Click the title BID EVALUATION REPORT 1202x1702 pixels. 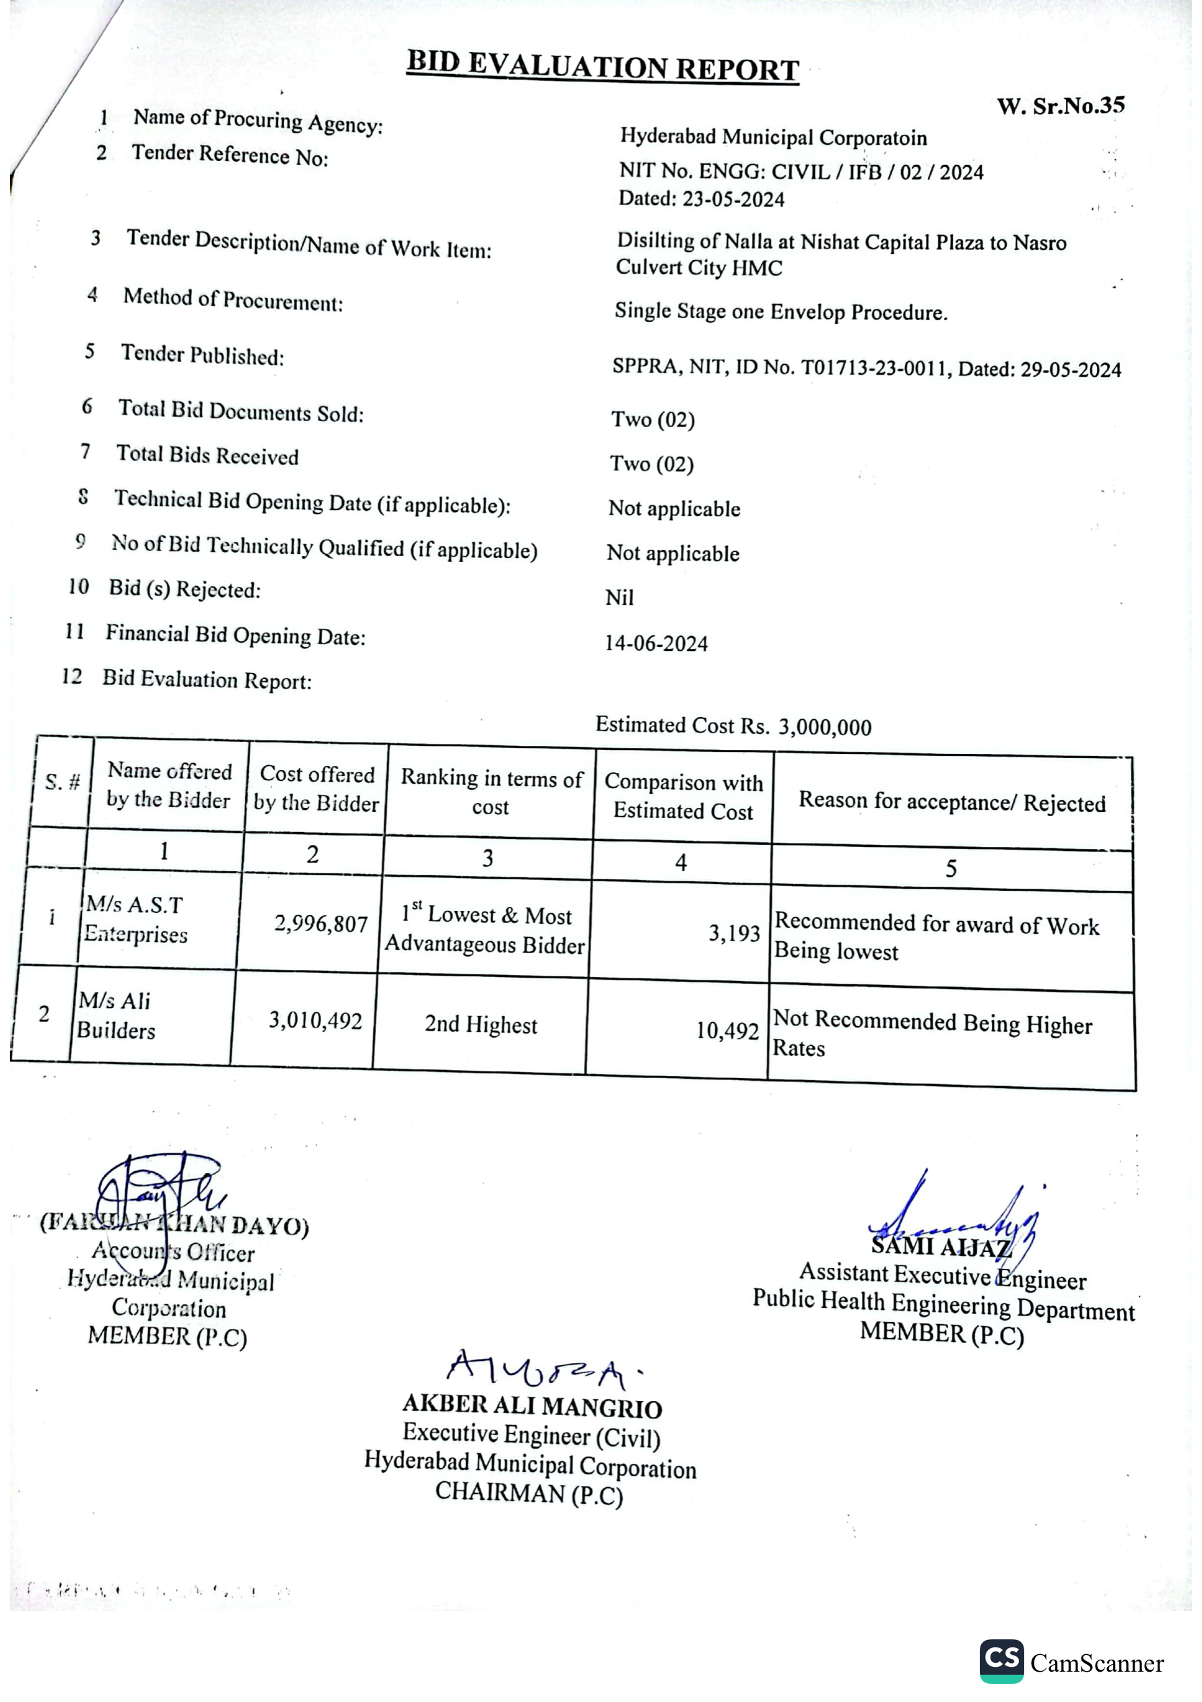point(603,67)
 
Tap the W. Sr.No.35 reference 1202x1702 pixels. point(1061,106)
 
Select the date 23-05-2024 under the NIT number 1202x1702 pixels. point(733,199)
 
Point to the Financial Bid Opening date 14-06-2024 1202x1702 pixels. point(656,643)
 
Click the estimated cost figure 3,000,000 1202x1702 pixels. point(824,727)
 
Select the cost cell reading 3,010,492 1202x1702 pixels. point(315,1021)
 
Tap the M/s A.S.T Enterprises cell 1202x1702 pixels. point(135,919)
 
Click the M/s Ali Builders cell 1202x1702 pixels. point(116,1015)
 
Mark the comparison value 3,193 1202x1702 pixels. point(733,933)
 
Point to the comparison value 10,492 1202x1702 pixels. point(727,1030)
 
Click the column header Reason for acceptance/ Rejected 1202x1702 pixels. point(951,802)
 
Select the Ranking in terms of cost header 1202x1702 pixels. point(492,792)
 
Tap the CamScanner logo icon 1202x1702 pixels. point(1001,1660)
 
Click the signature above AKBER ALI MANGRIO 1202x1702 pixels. point(541,1370)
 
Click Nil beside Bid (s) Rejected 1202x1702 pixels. point(619,598)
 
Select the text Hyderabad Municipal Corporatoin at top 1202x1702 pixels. point(773,137)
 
